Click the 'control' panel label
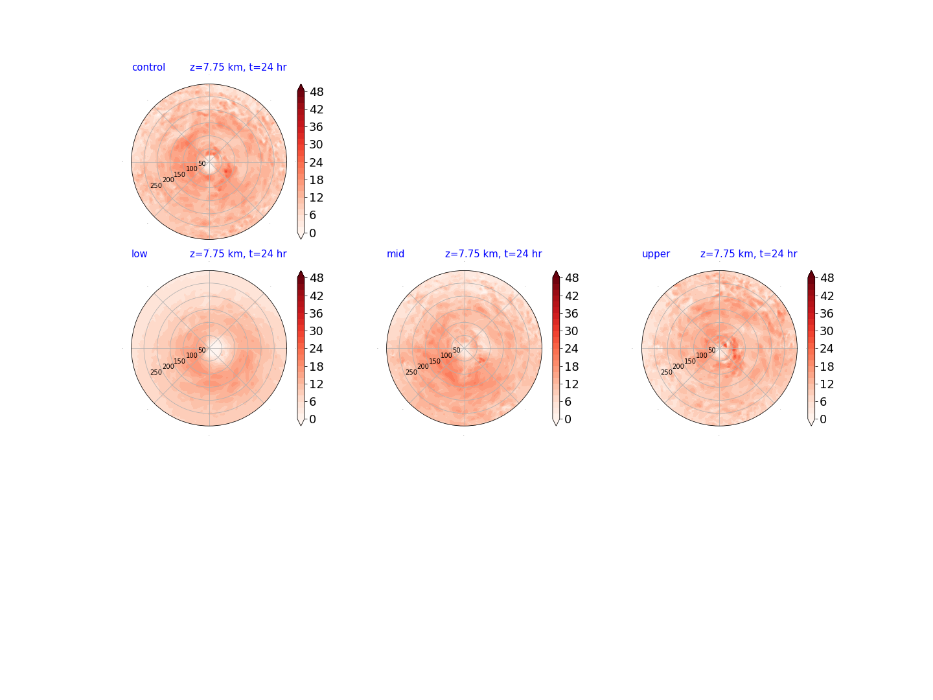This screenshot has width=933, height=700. [x=148, y=67]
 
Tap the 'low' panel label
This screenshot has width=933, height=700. [x=139, y=253]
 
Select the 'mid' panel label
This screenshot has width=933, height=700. [x=395, y=253]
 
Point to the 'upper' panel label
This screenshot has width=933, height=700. [x=656, y=254]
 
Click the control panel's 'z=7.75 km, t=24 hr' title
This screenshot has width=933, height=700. [x=238, y=67]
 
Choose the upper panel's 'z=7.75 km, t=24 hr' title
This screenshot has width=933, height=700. [x=748, y=253]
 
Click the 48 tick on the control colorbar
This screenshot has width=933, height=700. [x=316, y=92]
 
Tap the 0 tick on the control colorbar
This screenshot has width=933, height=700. [x=312, y=233]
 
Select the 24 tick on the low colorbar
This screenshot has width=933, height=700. [x=316, y=349]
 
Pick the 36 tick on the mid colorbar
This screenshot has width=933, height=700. [x=571, y=314]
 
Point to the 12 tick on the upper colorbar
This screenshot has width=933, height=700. [x=826, y=384]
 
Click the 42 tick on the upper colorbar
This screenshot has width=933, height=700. [x=826, y=296]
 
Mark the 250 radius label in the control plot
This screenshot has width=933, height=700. [x=156, y=186]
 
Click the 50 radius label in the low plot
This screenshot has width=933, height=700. [x=202, y=350]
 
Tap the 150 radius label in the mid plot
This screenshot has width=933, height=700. [x=434, y=361]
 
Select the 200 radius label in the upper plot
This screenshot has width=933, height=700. [x=678, y=366]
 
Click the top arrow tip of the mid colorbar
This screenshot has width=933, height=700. [x=556, y=271]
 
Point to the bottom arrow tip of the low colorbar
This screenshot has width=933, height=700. [x=301, y=425]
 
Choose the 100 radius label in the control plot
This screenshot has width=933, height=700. [x=192, y=169]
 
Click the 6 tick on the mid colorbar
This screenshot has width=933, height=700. [x=568, y=402]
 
